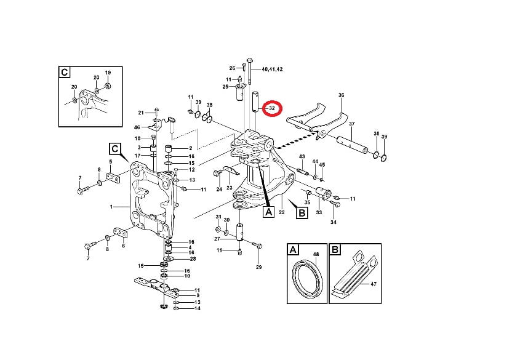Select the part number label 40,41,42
(x=272, y=70)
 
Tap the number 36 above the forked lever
(x=341, y=95)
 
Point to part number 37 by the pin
(x=351, y=124)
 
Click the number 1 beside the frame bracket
(x=112, y=207)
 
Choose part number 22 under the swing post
(x=281, y=212)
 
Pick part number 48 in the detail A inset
(x=316, y=254)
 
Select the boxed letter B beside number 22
(x=302, y=214)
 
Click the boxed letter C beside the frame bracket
(x=114, y=148)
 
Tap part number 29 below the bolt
(x=258, y=267)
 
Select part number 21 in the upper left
(x=141, y=113)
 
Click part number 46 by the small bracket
(x=137, y=127)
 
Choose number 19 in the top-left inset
(x=107, y=72)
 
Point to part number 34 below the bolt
(x=334, y=222)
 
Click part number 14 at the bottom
(x=197, y=308)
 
